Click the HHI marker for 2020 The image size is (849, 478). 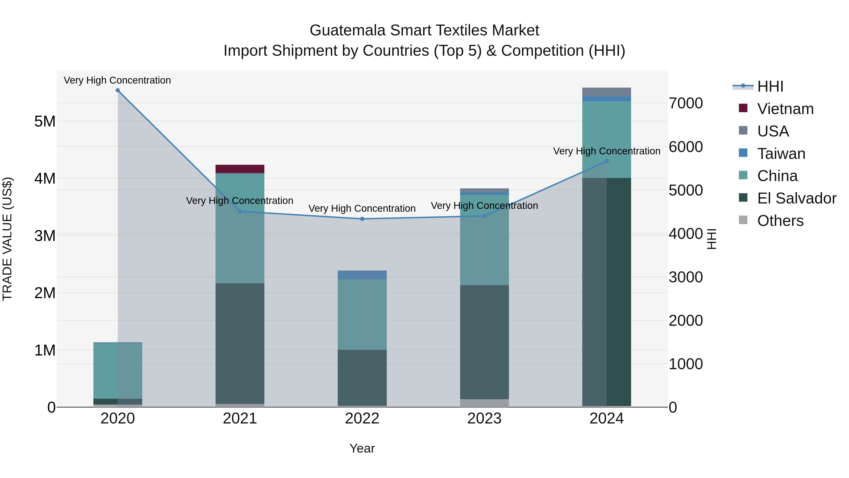click(118, 90)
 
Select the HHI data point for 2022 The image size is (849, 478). click(362, 219)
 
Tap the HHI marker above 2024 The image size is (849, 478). click(607, 161)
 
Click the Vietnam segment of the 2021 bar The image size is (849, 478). click(240, 169)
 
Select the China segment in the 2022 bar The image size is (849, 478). click(362, 314)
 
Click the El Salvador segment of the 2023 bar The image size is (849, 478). click(484, 342)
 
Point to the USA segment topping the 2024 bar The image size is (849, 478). click(607, 92)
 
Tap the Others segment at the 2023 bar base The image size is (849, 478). click(484, 403)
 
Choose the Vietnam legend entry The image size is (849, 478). click(785, 109)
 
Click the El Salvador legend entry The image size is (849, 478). click(796, 198)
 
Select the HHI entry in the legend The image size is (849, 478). click(770, 86)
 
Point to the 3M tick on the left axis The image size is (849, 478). click(45, 236)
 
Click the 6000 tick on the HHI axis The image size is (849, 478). click(686, 147)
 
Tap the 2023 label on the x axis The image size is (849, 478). click(484, 419)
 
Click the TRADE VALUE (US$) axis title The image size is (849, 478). click(7, 239)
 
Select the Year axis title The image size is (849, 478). click(362, 448)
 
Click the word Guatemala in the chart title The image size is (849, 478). click(347, 30)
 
